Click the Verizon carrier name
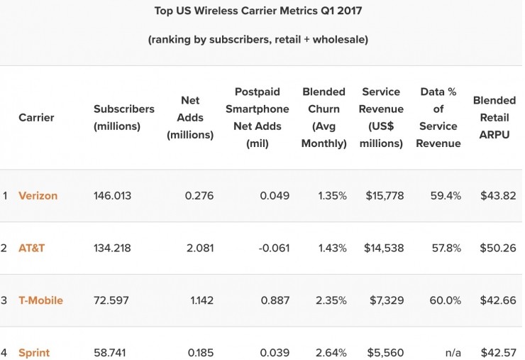(x=38, y=196)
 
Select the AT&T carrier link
(x=31, y=249)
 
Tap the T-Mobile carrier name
(x=40, y=300)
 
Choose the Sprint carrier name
(x=34, y=352)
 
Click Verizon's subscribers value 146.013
(x=112, y=196)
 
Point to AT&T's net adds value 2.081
(x=199, y=249)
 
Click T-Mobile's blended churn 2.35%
(x=332, y=300)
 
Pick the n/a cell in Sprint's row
(x=453, y=352)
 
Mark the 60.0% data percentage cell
(x=445, y=300)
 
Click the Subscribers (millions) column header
(x=123, y=118)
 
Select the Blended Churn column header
(x=324, y=118)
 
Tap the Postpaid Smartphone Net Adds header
(x=262, y=118)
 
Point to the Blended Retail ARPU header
(x=494, y=118)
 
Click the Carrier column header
(x=36, y=118)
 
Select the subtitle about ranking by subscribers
(x=258, y=40)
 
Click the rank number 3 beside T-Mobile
(x=4, y=300)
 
